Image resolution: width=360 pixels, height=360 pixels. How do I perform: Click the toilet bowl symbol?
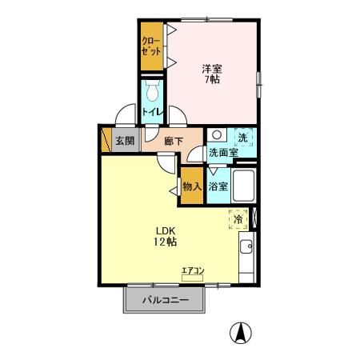153,90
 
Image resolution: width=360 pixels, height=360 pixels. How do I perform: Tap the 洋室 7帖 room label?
212,74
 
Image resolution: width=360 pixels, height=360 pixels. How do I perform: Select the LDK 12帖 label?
165,236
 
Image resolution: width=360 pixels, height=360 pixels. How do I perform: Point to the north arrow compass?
241,333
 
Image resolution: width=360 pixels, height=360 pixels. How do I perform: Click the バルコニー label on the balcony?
166,300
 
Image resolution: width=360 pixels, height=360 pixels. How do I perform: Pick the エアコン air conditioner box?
192,278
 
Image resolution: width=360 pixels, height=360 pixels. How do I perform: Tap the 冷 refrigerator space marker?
238,219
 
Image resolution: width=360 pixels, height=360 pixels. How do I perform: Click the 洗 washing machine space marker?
243,138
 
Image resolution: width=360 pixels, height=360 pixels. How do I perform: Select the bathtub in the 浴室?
243,186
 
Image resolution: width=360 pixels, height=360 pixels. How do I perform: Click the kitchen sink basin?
246,246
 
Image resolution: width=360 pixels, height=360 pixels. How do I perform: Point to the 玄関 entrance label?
125,140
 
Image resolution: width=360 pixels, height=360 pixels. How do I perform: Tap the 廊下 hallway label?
174,141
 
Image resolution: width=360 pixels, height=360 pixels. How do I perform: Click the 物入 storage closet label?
192,186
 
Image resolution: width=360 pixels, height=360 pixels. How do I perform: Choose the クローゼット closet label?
151,46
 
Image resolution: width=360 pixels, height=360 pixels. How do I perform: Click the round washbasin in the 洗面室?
217,134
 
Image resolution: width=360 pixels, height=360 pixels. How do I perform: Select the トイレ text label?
153,112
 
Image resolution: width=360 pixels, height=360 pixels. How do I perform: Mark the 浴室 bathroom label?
218,186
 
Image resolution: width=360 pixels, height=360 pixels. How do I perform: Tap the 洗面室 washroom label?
223,152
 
